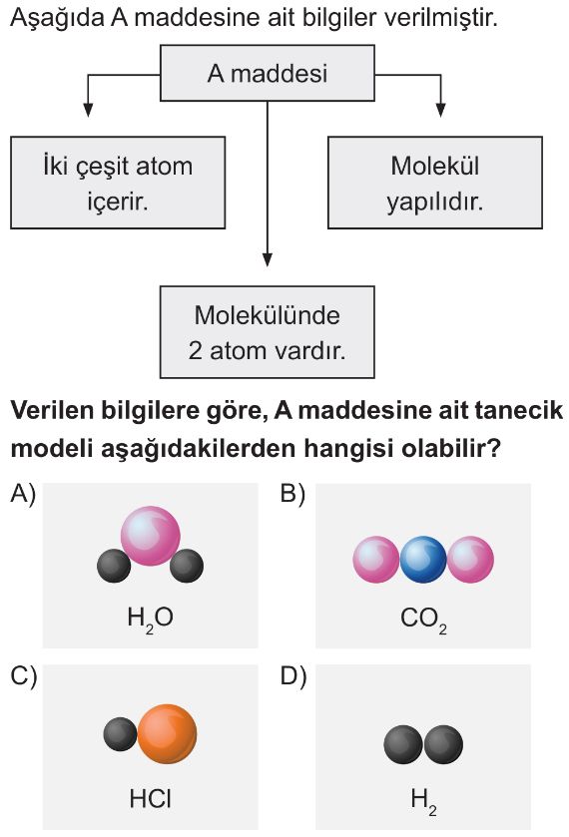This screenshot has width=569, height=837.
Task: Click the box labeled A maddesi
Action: pos(268,73)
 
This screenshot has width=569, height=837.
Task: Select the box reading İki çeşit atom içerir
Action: pos(118,183)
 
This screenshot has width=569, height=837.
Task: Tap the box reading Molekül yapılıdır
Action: pos(435,183)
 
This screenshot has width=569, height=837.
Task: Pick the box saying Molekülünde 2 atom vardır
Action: pos(268,332)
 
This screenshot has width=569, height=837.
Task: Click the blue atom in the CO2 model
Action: pos(423,559)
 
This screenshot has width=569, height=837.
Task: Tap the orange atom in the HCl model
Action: pos(168,734)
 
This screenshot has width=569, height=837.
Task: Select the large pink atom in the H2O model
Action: pos(150,536)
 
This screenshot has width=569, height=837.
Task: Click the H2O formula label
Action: pos(150,620)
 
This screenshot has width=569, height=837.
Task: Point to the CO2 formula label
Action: pos(423,621)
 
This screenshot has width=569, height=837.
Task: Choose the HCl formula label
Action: pos(150,799)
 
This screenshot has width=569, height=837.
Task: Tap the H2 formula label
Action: pos(423,802)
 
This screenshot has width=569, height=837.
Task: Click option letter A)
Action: pos(22,494)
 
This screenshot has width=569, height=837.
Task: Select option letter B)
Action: pos(292,494)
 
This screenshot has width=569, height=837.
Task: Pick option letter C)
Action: pos(24,676)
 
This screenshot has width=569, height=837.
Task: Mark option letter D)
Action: pos(293,676)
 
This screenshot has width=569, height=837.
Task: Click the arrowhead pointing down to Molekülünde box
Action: pos(268,259)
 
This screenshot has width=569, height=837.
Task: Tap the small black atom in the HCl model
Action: pos(120,734)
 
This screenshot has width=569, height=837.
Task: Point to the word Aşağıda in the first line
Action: pos(57,18)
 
